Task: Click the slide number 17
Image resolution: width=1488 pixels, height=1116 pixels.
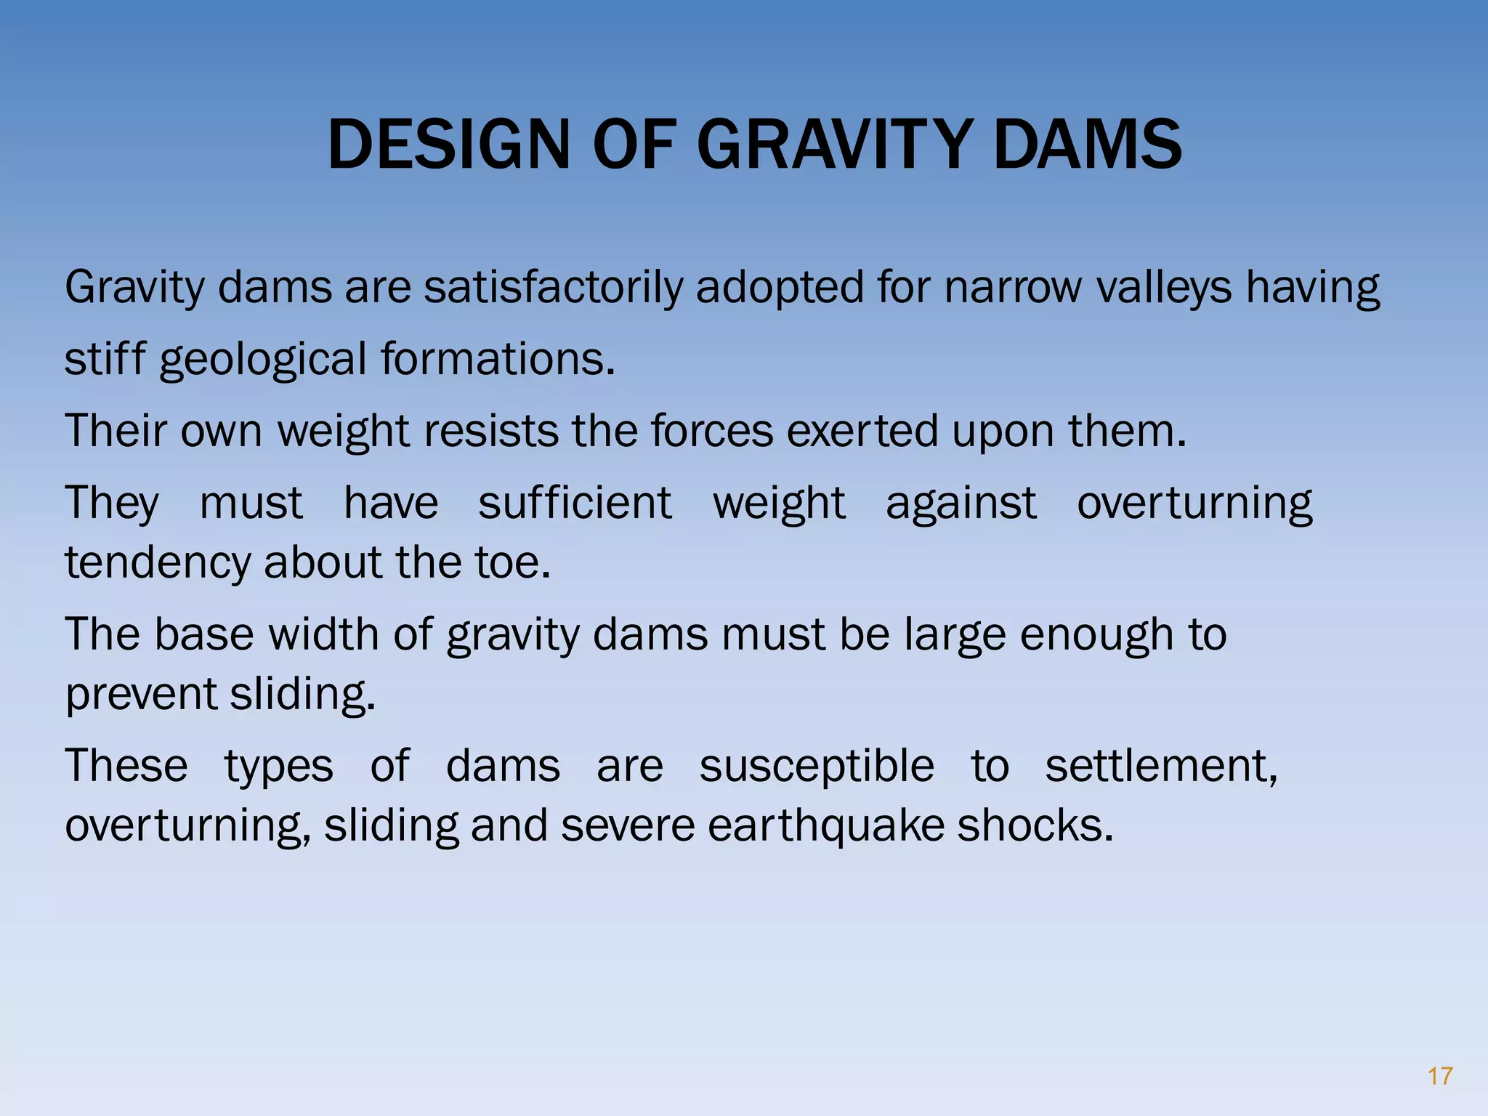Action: click(x=1439, y=1076)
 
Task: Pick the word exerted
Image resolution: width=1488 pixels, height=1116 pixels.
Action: click(x=862, y=431)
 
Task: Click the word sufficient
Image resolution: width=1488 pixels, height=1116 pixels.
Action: click(x=575, y=503)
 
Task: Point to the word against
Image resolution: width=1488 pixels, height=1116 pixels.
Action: click(x=961, y=503)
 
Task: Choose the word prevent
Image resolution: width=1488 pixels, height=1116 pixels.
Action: click(x=141, y=694)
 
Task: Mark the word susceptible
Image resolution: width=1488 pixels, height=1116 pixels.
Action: click(x=816, y=766)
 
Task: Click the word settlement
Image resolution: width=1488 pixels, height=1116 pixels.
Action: click(x=1160, y=766)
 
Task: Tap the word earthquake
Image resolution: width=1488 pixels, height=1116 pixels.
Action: click(x=825, y=825)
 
